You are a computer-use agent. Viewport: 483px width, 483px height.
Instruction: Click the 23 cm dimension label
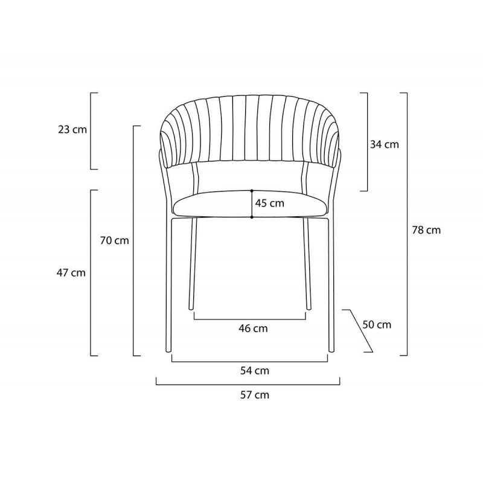(x=72, y=130)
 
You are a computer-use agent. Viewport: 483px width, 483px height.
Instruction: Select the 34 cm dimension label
(x=385, y=144)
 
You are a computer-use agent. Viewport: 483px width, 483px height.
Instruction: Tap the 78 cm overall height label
(x=426, y=230)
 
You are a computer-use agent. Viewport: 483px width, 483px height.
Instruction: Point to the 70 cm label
(x=114, y=240)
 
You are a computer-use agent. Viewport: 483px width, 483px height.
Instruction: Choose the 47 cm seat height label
(x=71, y=273)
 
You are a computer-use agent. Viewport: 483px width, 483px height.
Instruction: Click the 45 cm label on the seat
(x=269, y=203)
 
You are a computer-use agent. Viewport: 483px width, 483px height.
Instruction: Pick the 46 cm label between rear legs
(x=253, y=328)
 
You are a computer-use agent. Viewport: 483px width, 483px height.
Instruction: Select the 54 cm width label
(x=254, y=371)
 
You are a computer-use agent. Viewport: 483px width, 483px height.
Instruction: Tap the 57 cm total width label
(x=254, y=395)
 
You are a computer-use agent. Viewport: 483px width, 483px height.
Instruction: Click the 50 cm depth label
(x=377, y=325)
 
